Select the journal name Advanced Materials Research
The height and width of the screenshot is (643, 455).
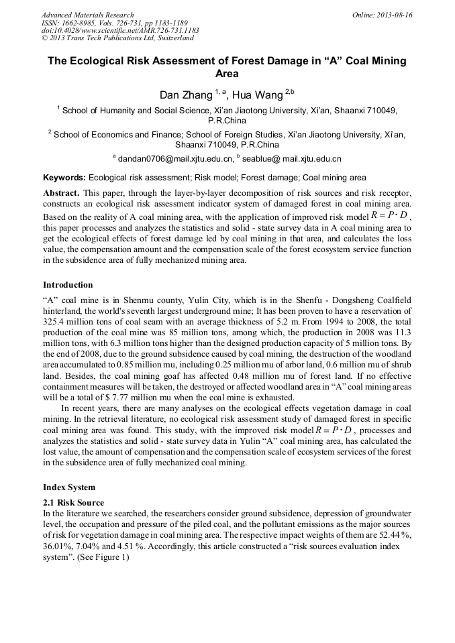pyautogui.click(x=87, y=15)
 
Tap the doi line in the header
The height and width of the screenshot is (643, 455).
pyautogui.click(x=119, y=31)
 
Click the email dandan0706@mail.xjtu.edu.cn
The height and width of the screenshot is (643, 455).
pyautogui.click(x=176, y=159)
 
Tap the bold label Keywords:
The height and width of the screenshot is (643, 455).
pyautogui.click(x=64, y=178)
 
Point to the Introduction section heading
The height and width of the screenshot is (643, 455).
pyautogui.click(x=68, y=285)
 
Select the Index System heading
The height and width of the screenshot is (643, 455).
pyautogui.click(x=69, y=487)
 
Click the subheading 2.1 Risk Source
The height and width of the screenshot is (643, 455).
pyautogui.click(x=73, y=502)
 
